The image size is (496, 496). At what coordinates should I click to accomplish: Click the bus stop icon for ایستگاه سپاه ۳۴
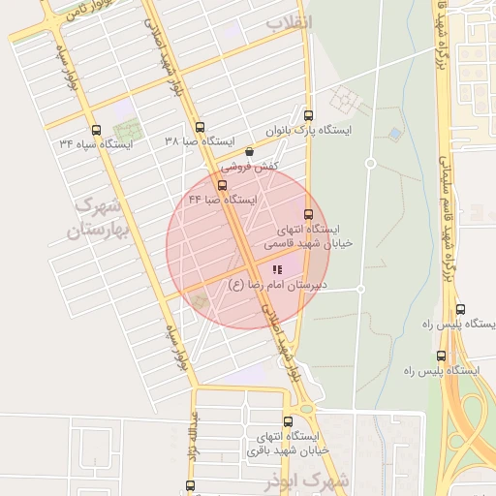coord(95,130)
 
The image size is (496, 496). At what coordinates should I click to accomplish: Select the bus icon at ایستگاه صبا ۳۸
coord(201,127)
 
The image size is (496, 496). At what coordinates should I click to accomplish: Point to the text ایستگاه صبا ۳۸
coord(201,141)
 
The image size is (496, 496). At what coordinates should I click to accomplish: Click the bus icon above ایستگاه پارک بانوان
coord(308,114)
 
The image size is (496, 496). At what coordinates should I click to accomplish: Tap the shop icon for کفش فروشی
coord(250,151)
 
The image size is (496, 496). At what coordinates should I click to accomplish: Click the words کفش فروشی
coord(250,166)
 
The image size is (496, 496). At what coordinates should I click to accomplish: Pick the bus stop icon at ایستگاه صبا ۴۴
coord(223,185)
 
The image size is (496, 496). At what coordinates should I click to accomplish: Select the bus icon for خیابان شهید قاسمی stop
coord(309,214)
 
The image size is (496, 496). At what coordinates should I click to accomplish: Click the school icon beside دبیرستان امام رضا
coord(276,270)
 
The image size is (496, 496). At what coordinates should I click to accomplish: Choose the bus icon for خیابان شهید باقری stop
coord(288,421)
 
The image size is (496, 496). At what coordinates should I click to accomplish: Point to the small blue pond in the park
coord(394,133)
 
